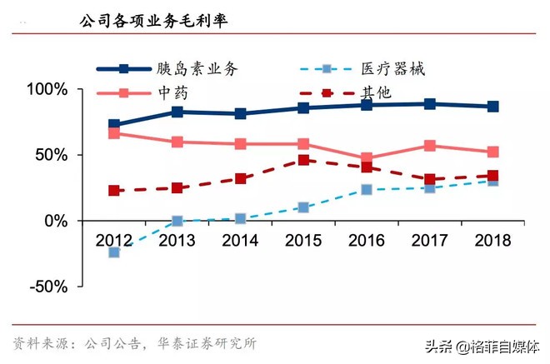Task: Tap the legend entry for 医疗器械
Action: click(x=400, y=69)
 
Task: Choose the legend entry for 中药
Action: click(x=172, y=92)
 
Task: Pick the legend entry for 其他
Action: click(x=376, y=92)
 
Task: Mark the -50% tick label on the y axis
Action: click(x=49, y=287)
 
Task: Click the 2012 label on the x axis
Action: click(x=114, y=242)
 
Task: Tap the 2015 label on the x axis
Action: click(x=303, y=242)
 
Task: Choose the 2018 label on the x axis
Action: click(x=492, y=242)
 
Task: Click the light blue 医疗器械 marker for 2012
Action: click(x=114, y=252)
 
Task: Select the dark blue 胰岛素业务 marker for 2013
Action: click(x=177, y=112)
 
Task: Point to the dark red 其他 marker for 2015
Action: click(x=303, y=160)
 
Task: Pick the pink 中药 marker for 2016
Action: click(x=367, y=158)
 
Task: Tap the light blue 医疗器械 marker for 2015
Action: click(x=303, y=207)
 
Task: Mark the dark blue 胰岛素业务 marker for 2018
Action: click(x=492, y=107)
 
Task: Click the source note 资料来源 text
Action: click(x=134, y=342)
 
